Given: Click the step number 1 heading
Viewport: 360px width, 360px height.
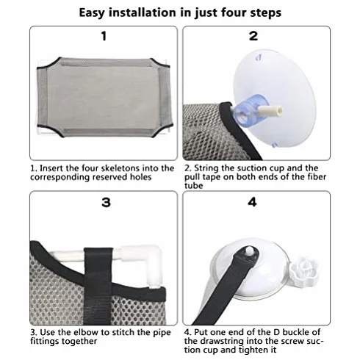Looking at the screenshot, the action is (104, 36).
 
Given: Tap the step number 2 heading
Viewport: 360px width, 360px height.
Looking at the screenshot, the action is (253, 36).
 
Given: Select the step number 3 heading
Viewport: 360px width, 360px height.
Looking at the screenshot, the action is (106, 203).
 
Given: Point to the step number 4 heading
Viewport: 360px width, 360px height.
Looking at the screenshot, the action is (253, 202).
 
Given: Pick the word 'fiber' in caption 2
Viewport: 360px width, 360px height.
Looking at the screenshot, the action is (316, 177).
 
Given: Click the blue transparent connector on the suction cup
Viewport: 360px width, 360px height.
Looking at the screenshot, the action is (250, 108).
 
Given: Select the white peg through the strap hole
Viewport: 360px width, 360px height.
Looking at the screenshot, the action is (249, 251).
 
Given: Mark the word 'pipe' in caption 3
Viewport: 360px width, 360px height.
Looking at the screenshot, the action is (162, 333).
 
